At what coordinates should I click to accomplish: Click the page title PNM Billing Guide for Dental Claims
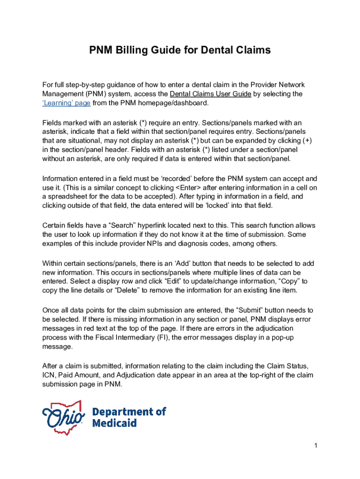coord(180,50)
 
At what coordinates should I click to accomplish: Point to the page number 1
coord(316,446)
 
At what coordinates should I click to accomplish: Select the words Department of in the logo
coord(129,412)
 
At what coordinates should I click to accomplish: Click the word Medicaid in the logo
coord(114,423)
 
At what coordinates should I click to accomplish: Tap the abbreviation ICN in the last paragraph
coord(49,376)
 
